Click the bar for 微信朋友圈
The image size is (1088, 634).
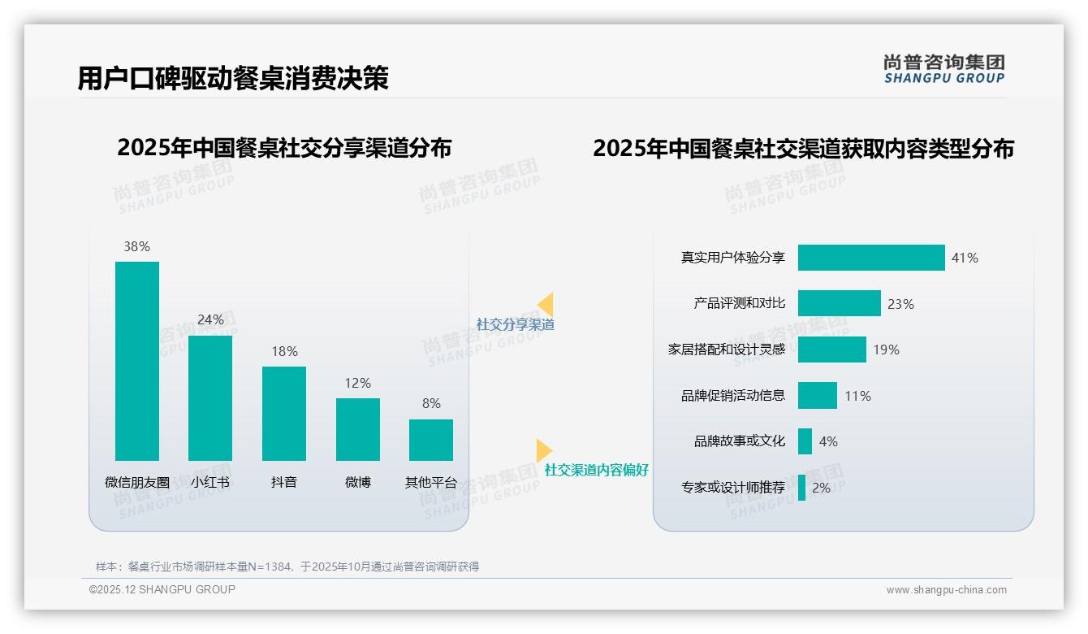137,361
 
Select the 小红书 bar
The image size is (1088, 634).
210,398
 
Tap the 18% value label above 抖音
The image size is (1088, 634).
284,351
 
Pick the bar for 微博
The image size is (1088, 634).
358,429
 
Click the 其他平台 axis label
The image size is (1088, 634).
431,482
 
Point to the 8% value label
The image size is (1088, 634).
431,403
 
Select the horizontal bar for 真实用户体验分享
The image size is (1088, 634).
871,258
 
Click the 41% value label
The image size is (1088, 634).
965,258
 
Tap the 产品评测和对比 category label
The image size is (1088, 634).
740,303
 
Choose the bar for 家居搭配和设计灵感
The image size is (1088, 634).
832,350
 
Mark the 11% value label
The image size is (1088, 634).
857,396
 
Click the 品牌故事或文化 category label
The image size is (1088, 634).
740,441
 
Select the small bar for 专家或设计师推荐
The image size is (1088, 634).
802,488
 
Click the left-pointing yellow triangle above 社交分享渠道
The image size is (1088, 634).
546,305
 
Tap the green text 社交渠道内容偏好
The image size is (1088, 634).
596,471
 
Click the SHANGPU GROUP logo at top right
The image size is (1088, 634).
943,69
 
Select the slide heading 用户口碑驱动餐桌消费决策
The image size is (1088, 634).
233,78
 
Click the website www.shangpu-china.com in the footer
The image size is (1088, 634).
946,590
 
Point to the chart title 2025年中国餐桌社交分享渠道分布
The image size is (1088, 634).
284,148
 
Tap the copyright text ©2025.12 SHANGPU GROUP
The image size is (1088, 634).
162,589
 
